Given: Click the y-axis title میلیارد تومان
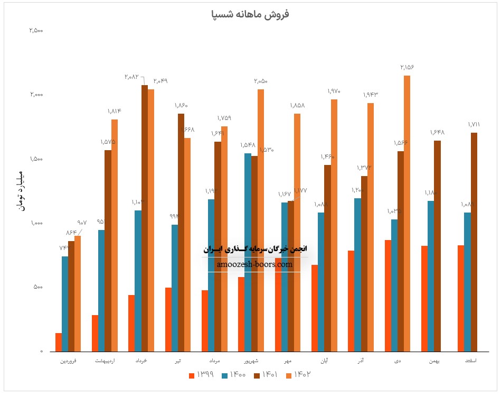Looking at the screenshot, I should [20, 191].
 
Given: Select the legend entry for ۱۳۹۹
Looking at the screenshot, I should [201, 375].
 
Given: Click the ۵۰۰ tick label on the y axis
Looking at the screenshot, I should [38, 287].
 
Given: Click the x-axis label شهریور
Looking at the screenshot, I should [251, 361].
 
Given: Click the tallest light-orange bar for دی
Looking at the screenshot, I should [407, 211].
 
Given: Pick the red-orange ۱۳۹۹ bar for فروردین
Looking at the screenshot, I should [59, 342].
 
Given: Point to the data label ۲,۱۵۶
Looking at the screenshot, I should [407, 67].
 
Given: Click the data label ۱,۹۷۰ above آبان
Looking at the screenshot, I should [334, 91].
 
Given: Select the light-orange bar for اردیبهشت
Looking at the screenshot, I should [115, 235].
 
